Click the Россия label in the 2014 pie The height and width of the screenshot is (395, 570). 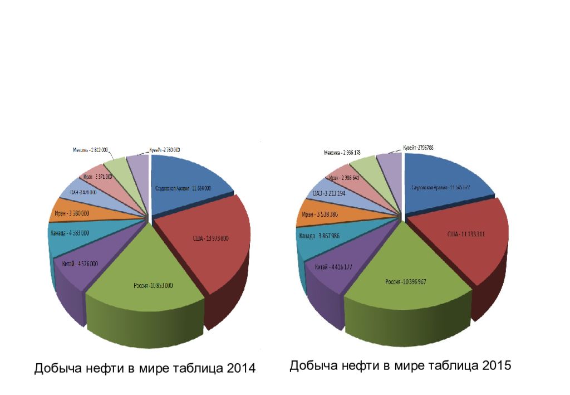pyautogui.click(x=153, y=286)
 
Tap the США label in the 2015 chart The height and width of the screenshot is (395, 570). pyautogui.click(x=466, y=235)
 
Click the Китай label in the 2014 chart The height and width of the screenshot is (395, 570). pyautogui.click(x=80, y=264)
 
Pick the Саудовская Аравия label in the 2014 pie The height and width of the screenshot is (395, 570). pyautogui.click(x=183, y=188)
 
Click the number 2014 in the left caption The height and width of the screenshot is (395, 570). pyautogui.click(x=241, y=368)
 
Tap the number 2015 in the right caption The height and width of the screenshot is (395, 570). pyautogui.click(x=497, y=365)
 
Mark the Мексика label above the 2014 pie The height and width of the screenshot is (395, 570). pyautogui.click(x=91, y=150)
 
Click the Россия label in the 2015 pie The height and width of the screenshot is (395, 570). pyautogui.click(x=406, y=282)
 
